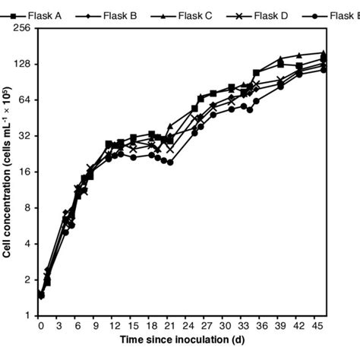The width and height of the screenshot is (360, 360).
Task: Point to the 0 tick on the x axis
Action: tap(40, 325)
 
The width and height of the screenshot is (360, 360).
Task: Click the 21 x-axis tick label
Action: tap(170, 325)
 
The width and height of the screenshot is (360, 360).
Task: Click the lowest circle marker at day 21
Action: tap(170, 163)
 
